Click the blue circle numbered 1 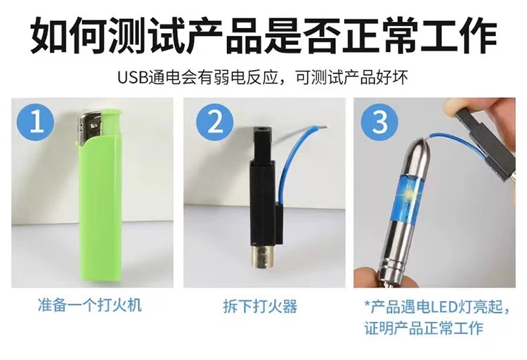tap(37, 121)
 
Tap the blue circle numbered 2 tap(215, 122)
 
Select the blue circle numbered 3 tap(380, 122)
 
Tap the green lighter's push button tap(111, 121)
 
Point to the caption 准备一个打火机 tap(90, 305)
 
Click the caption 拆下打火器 tap(261, 306)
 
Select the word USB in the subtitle tap(133, 78)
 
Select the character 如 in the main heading tap(49, 35)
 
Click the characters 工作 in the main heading tap(458, 35)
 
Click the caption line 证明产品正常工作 tap(424, 328)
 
